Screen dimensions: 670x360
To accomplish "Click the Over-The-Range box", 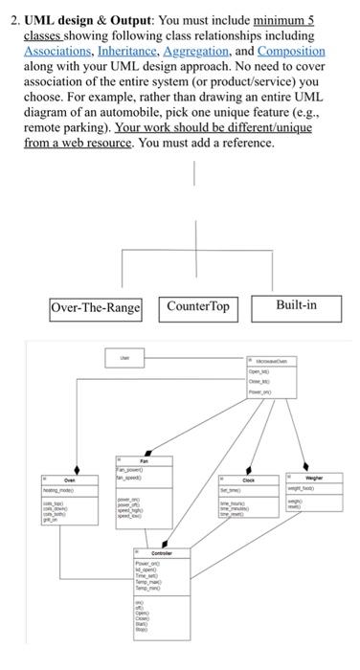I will tap(95, 308).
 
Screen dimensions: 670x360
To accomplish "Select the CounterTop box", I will tap(198, 307).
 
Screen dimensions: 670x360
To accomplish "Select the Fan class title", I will tap(145, 460).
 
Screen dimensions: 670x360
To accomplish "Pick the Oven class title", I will tap(70, 480).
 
